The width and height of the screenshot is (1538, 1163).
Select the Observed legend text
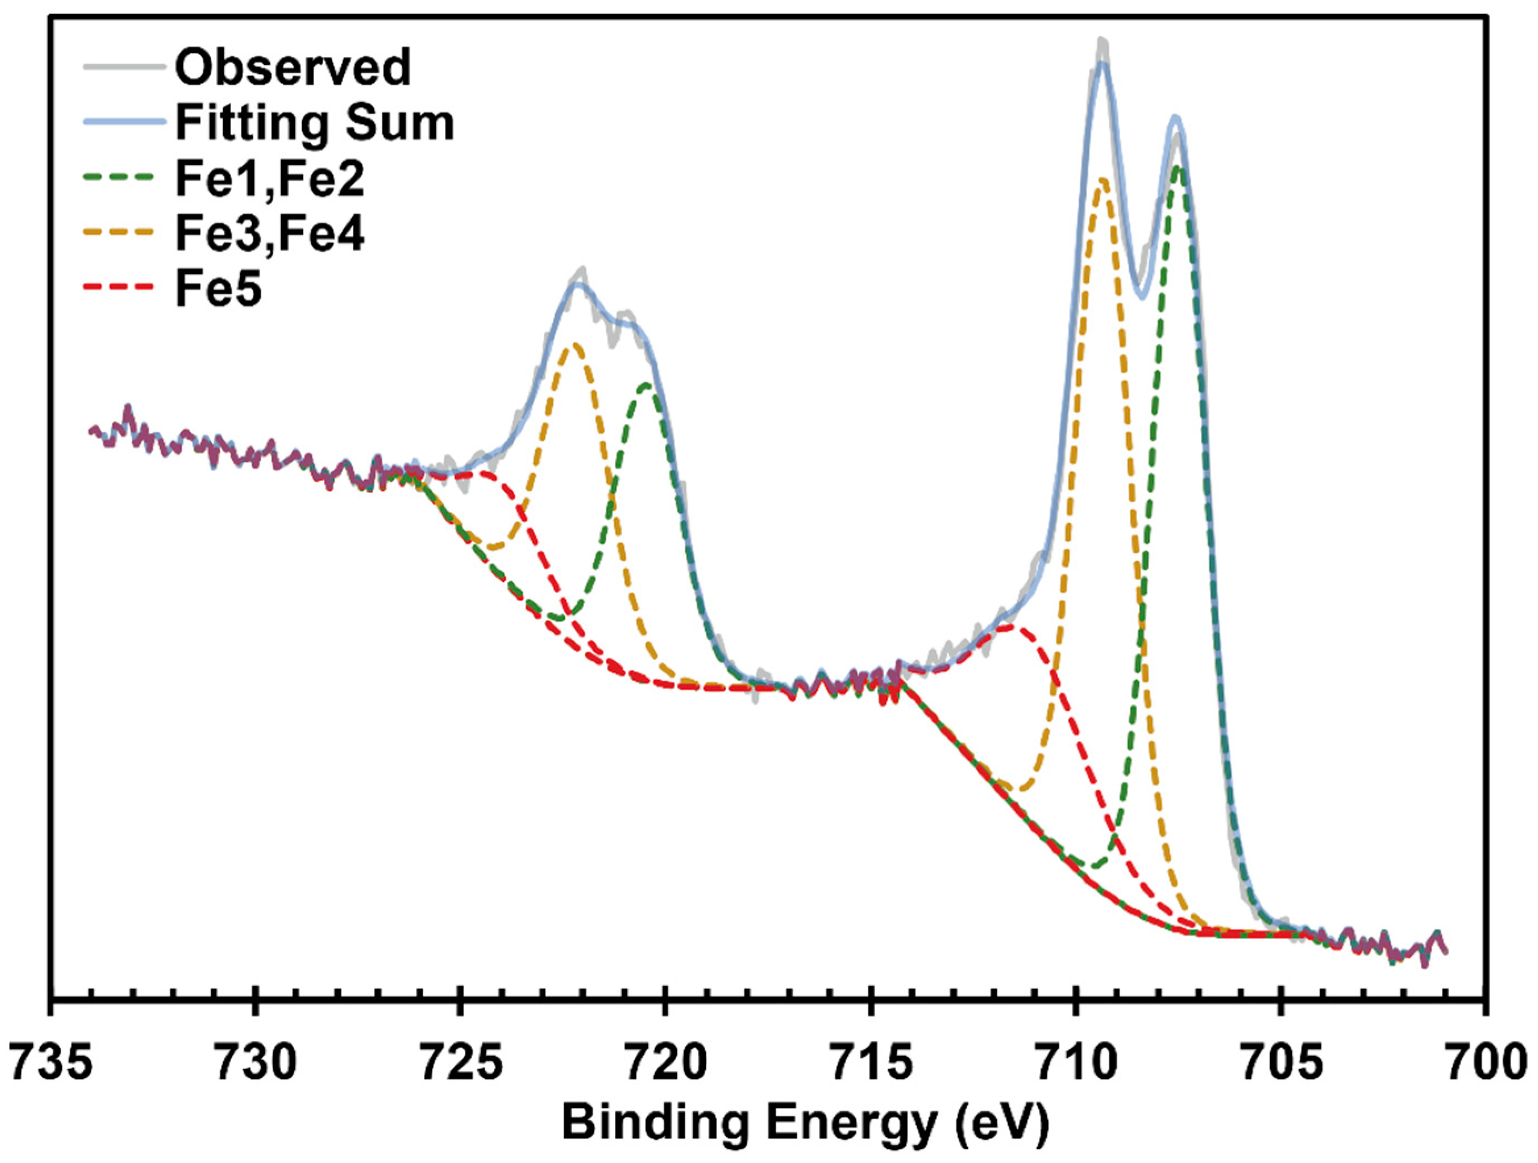[x=293, y=67]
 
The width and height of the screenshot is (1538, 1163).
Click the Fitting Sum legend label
[x=314, y=123]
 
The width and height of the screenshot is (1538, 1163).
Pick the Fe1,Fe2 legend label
[x=270, y=179]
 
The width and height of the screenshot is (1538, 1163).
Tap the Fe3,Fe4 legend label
[x=270, y=234]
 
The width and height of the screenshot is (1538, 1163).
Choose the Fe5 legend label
[x=218, y=290]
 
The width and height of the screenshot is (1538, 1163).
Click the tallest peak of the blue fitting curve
[x=1101, y=64]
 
